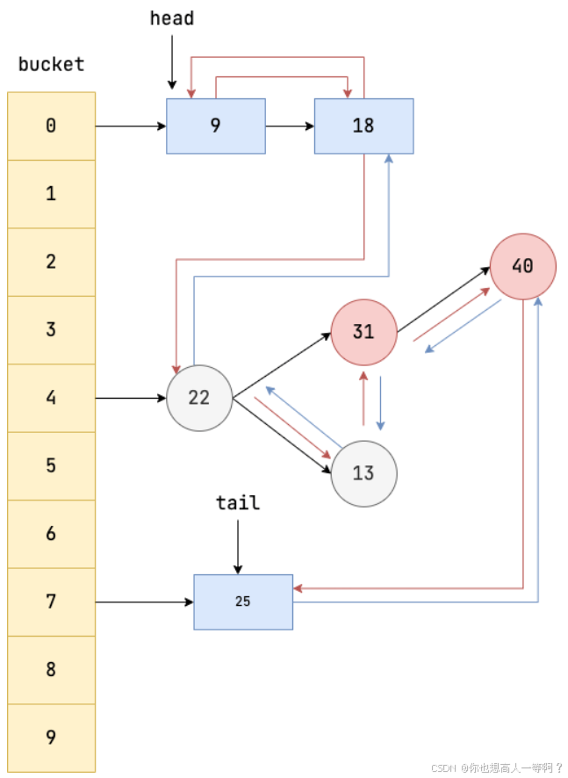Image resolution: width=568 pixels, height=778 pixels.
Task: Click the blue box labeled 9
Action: click(216, 126)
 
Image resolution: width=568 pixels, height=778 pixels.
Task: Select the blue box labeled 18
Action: click(363, 126)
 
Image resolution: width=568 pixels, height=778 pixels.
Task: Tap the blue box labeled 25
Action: click(243, 602)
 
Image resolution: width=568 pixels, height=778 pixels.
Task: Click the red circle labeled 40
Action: click(523, 266)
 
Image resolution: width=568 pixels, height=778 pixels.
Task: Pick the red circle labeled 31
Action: click(363, 331)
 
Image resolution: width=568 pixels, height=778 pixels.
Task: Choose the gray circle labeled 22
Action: click(199, 398)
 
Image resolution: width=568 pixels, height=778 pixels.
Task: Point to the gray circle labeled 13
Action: click(363, 473)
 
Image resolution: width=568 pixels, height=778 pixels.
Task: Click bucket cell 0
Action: click(51, 126)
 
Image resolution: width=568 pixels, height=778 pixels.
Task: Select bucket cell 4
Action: click(51, 398)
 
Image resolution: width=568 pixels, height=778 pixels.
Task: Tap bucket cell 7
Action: click(51, 602)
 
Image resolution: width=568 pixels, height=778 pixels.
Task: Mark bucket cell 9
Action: click(51, 738)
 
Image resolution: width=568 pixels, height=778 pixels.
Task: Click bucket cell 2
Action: click(51, 262)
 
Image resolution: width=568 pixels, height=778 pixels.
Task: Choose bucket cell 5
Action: click(51, 465)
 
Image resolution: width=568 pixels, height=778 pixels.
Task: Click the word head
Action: click(172, 18)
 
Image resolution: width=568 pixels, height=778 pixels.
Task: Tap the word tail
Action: click(238, 502)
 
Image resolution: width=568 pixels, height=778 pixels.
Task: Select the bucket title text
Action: click(51, 64)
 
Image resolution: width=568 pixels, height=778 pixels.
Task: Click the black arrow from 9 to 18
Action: click(290, 126)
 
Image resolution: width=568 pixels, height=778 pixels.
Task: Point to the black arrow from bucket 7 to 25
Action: click(144, 602)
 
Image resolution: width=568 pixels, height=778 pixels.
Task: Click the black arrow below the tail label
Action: click(238, 546)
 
